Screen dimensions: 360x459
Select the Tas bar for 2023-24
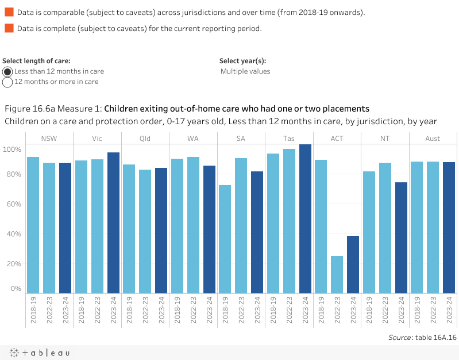pyautogui.click(x=305, y=219)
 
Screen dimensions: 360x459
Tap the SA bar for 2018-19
pyautogui.click(x=225, y=239)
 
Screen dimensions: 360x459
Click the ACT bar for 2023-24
pyautogui.click(x=353, y=265)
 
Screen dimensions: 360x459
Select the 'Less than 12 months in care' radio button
pyautogui.click(x=8, y=71)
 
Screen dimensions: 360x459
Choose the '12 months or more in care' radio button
pyautogui.click(x=8, y=82)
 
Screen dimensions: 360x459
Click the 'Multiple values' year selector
pyautogui.click(x=245, y=71)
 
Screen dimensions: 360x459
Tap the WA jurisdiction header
pyautogui.click(x=193, y=139)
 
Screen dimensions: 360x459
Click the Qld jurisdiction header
pyautogui.click(x=145, y=139)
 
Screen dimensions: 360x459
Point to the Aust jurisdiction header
pyautogui.click(x=433, y=139)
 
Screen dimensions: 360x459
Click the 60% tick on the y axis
pyautogui.click(x=13, y=204)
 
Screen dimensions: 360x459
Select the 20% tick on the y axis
pyautogui.click(x=13, y=264)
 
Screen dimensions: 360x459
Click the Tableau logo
pyautogui.click(x=38, y=353)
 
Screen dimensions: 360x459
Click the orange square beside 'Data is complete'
pyautogui.click(x=9, y=28)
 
